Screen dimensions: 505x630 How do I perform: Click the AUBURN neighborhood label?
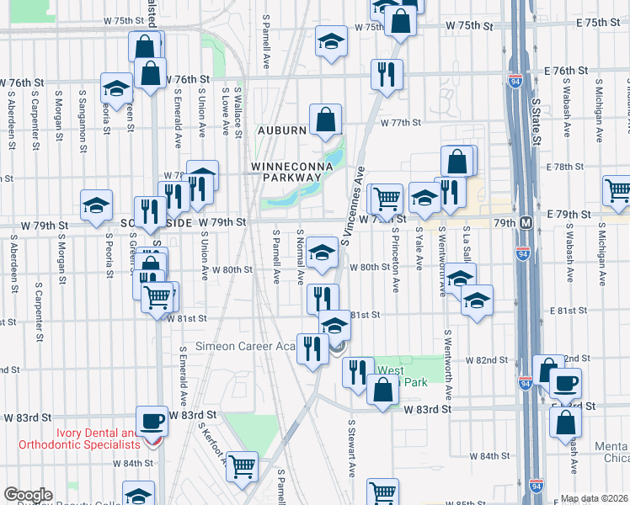point(279,130)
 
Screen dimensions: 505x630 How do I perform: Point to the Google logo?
point(28,495)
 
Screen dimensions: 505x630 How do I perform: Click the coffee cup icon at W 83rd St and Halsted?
point(152,420)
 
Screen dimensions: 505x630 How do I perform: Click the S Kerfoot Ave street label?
point(213,443)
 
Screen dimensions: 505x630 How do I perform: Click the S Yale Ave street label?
point(419,249)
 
